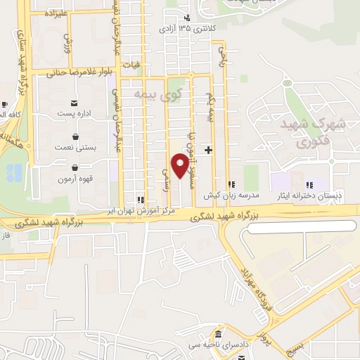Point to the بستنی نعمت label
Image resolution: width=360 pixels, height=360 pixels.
[75, 148]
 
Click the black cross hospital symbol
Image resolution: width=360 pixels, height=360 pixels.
[208, 150]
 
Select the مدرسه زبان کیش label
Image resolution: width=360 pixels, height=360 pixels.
[232, 195]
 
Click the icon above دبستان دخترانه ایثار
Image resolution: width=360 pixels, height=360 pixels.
[309, 185]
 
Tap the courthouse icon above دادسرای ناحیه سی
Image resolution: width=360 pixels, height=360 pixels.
[219, 333]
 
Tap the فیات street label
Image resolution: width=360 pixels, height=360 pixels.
[131, 65]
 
